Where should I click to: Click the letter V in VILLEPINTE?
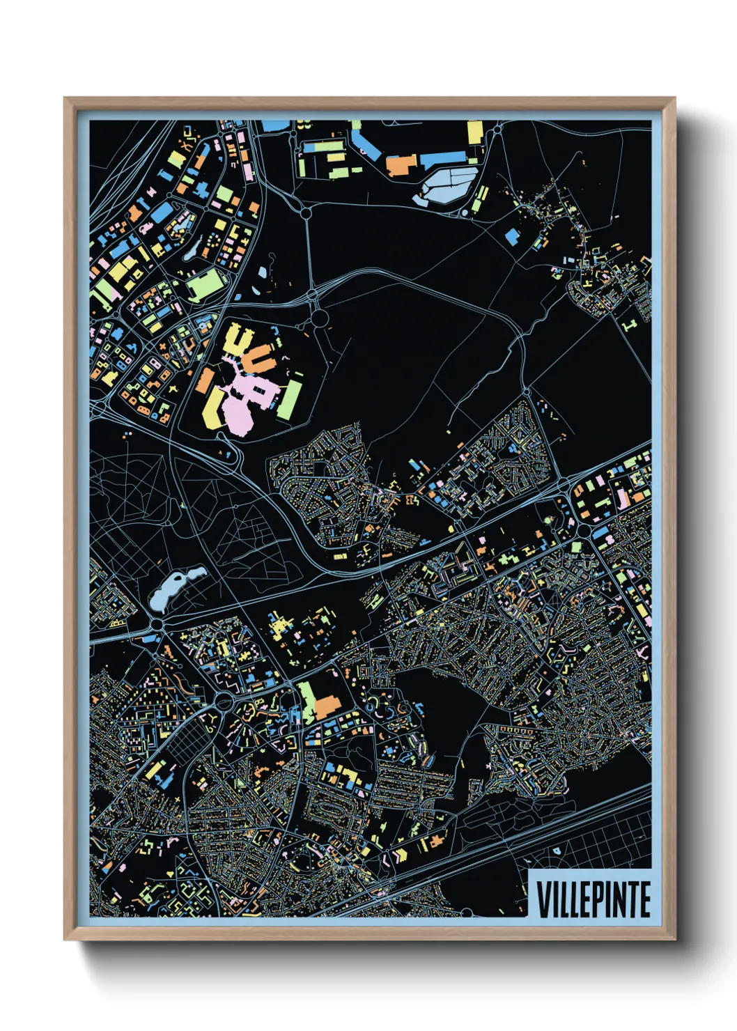(x=543, y=899)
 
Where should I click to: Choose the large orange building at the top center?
(x=401, y=165)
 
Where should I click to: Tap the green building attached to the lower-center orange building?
(x=307, y=699)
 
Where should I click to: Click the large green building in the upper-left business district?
(x=204, y=284)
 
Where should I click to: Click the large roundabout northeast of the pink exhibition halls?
(x=320, y=319)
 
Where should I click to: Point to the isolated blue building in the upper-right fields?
(x=512, y=236)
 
